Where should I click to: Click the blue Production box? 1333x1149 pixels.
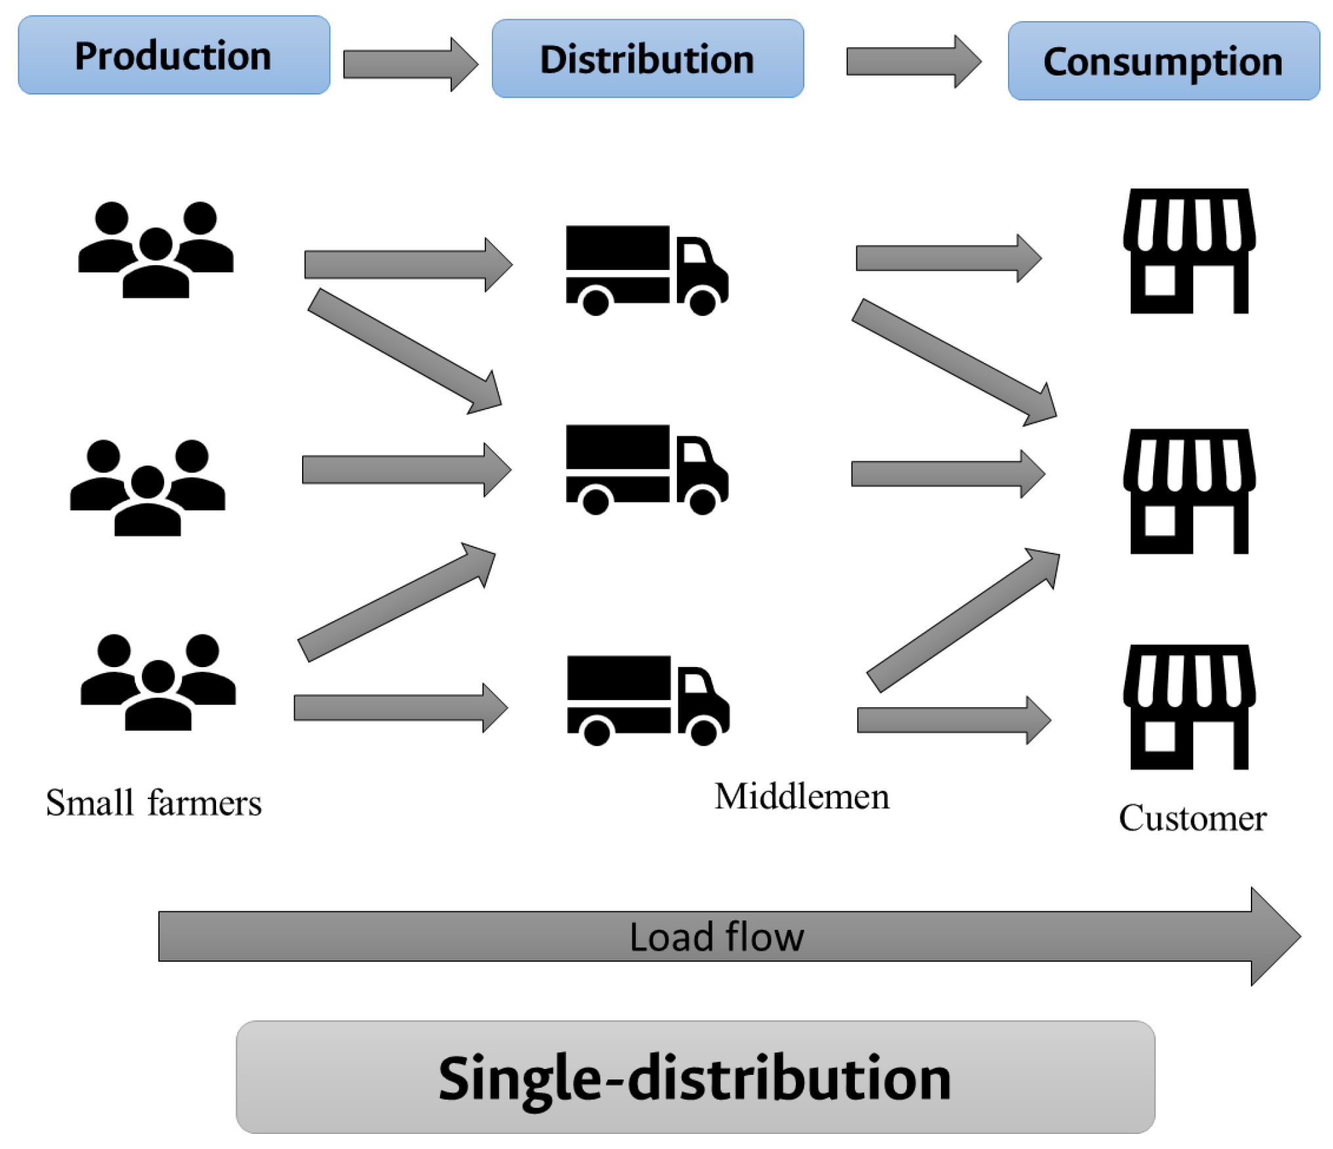point(173,55)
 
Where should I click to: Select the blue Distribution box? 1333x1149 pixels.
point(647,58)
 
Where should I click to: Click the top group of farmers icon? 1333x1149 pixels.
point(156,249)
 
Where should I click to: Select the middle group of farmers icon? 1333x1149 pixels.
point(148,487)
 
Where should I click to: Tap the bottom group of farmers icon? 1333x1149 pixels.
point(158,682)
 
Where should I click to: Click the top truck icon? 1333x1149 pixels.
point(646,270)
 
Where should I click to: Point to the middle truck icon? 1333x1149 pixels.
point(646,469)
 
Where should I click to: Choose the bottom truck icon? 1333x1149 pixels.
point(647,700)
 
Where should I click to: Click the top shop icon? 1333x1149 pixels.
point(1189,251)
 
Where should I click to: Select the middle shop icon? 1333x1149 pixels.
point(1189,491)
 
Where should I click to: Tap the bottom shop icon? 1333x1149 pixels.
point(1189,706)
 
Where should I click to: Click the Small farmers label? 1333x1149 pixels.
point(154,802)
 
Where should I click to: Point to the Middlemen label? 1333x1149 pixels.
point(801,796)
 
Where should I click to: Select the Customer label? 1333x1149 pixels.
point(1192,818)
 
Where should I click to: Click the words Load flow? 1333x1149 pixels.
point(716,937)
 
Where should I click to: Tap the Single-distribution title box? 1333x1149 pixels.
point(695,1077)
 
